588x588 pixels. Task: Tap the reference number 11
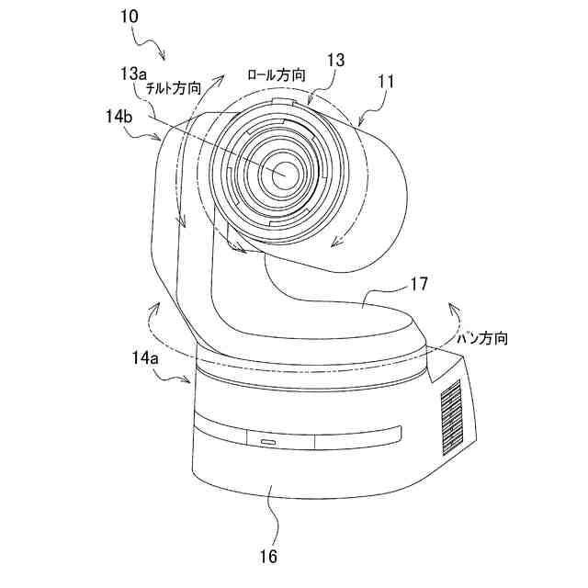[x=386, y=83]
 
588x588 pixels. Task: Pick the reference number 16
[x=267, y=555]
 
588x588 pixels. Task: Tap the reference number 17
[x=419, y=286]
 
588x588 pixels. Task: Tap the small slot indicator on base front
[x=266, y=442]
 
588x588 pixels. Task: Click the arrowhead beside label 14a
[x=188, y=384]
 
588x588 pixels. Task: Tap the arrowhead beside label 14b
[x=164, y=139]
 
